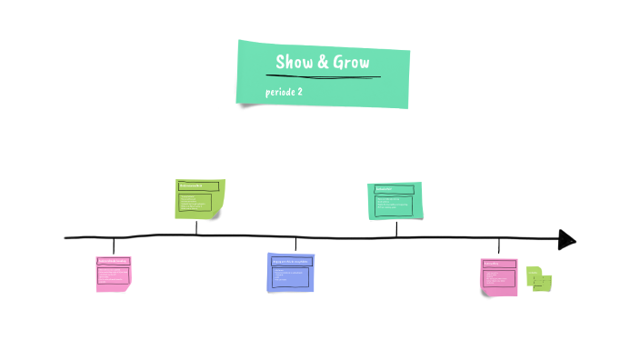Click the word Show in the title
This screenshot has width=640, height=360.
coord(295,63)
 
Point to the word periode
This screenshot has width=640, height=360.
coord(280,92)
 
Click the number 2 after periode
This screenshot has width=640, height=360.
coord(300,92)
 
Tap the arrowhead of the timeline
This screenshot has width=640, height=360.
coord(567,239)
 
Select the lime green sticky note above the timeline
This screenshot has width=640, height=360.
coord(199,198)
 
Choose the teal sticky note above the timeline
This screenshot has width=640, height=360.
coord(395,201)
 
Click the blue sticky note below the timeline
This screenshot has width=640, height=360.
coord(291,272)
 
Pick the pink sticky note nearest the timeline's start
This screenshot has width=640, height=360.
coord(114,273)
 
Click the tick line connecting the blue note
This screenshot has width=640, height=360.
coord(295,245)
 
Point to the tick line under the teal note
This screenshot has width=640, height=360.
coord(396,227)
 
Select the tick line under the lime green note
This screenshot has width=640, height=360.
coord(196,226)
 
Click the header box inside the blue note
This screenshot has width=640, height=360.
coord(291,261)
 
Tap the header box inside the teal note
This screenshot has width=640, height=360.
coord(394,189)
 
